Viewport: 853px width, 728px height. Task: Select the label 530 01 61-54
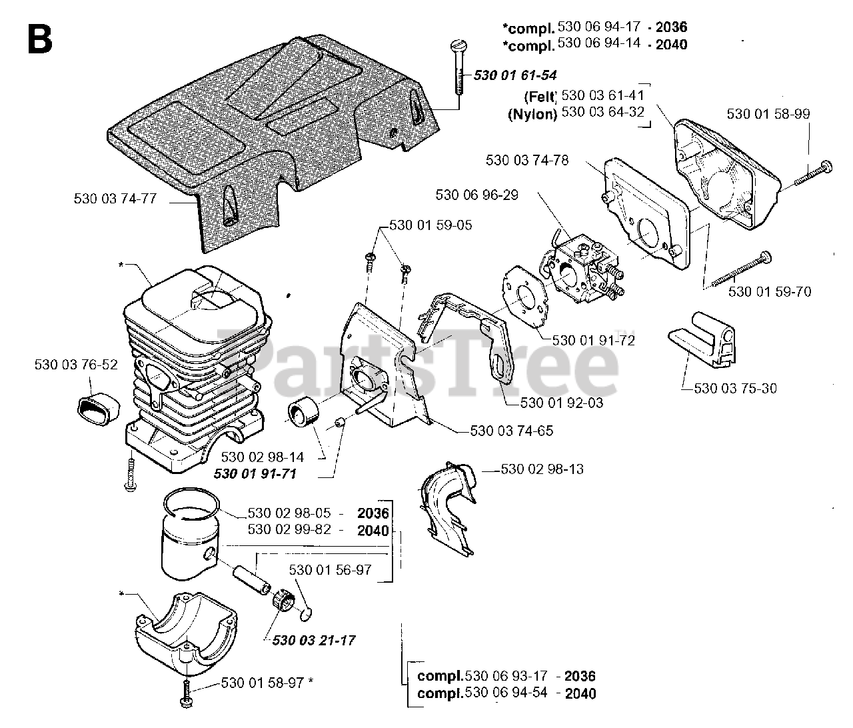tap(514, 75)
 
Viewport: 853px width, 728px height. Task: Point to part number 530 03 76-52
tap(76, 365)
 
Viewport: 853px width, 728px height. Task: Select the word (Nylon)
tap(532, 113)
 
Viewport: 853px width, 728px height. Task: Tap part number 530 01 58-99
tap(768, 114)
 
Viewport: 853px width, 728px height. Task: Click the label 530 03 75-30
tap(735, 388)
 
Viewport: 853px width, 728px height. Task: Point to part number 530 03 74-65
tap(512, 431)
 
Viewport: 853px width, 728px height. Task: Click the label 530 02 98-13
tap(542, 469)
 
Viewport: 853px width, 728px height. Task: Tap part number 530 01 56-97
tap(330, 570)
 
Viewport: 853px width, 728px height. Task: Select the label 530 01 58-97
tap(262, 683)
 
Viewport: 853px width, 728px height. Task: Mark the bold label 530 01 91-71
tap(255, 473)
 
